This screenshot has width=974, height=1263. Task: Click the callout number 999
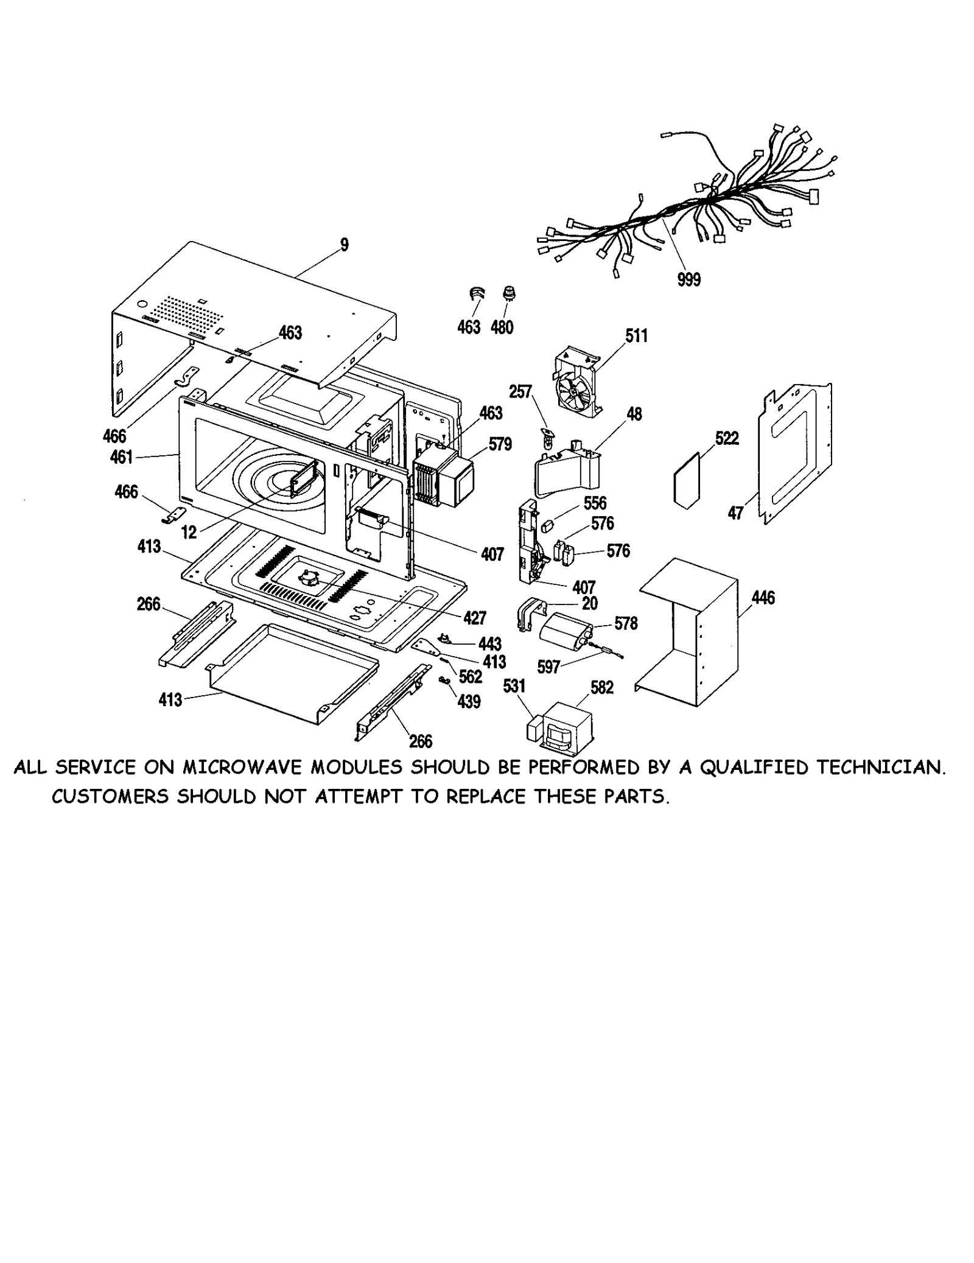tap(688, 280)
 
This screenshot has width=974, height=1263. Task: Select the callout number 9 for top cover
tap(345, 245)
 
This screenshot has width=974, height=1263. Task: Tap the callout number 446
tap(763, 598)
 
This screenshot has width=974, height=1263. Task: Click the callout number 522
tap(727, 438)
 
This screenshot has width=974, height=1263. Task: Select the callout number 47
tap(735, 513)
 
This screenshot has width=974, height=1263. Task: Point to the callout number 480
tap(502, 327)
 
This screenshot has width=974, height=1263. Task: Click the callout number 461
tap(122, 457)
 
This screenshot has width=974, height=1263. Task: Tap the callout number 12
tap(189, 533)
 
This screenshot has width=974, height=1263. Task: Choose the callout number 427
tap(474, 618)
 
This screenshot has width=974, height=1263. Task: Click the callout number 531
tap(514, 686)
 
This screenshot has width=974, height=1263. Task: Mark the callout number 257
tap(520, 391)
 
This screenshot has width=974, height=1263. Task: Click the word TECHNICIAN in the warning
tap(881, 768)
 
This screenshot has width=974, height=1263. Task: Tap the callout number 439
tap(469, 702)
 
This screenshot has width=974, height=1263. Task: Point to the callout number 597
tap(548, 667)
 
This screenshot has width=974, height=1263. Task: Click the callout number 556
tap(595, 503)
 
